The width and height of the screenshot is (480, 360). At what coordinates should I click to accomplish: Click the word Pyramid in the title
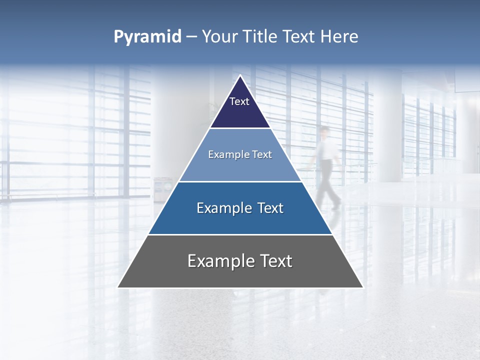[147, 37]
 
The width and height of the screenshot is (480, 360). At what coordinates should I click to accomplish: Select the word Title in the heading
[260, 37]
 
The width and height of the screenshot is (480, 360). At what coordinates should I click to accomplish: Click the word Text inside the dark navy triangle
[239, 101]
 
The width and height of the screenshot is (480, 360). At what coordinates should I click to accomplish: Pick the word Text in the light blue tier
[262, 154]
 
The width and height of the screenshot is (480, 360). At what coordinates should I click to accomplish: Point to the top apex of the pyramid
[240, 76]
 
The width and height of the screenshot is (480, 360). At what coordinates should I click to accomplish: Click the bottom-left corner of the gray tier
[118, 287]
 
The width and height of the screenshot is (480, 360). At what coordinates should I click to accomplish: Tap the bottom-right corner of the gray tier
[362, 287]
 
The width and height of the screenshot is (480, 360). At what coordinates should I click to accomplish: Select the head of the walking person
[325, 131]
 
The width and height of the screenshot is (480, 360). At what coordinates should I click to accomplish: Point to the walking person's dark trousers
[327, 180]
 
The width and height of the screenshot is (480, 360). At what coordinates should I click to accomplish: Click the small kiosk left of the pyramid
[162, 189]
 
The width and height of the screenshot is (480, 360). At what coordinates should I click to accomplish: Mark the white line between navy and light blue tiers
[240, 128]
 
